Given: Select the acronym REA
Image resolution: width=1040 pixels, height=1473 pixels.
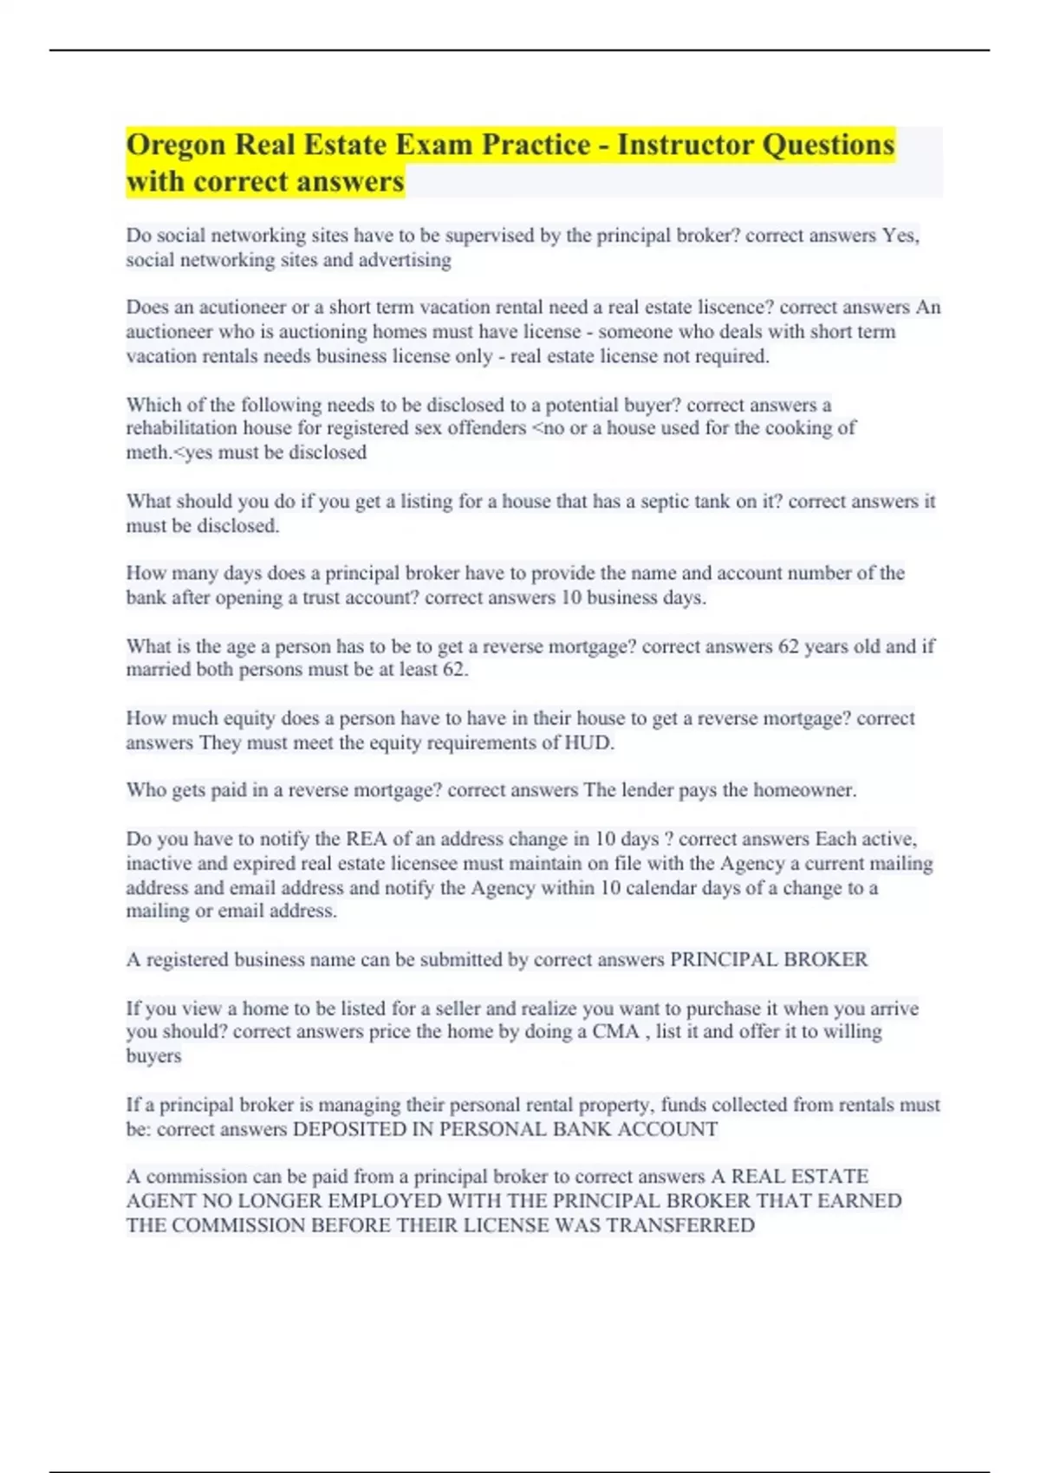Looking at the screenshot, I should pos(367,839).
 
